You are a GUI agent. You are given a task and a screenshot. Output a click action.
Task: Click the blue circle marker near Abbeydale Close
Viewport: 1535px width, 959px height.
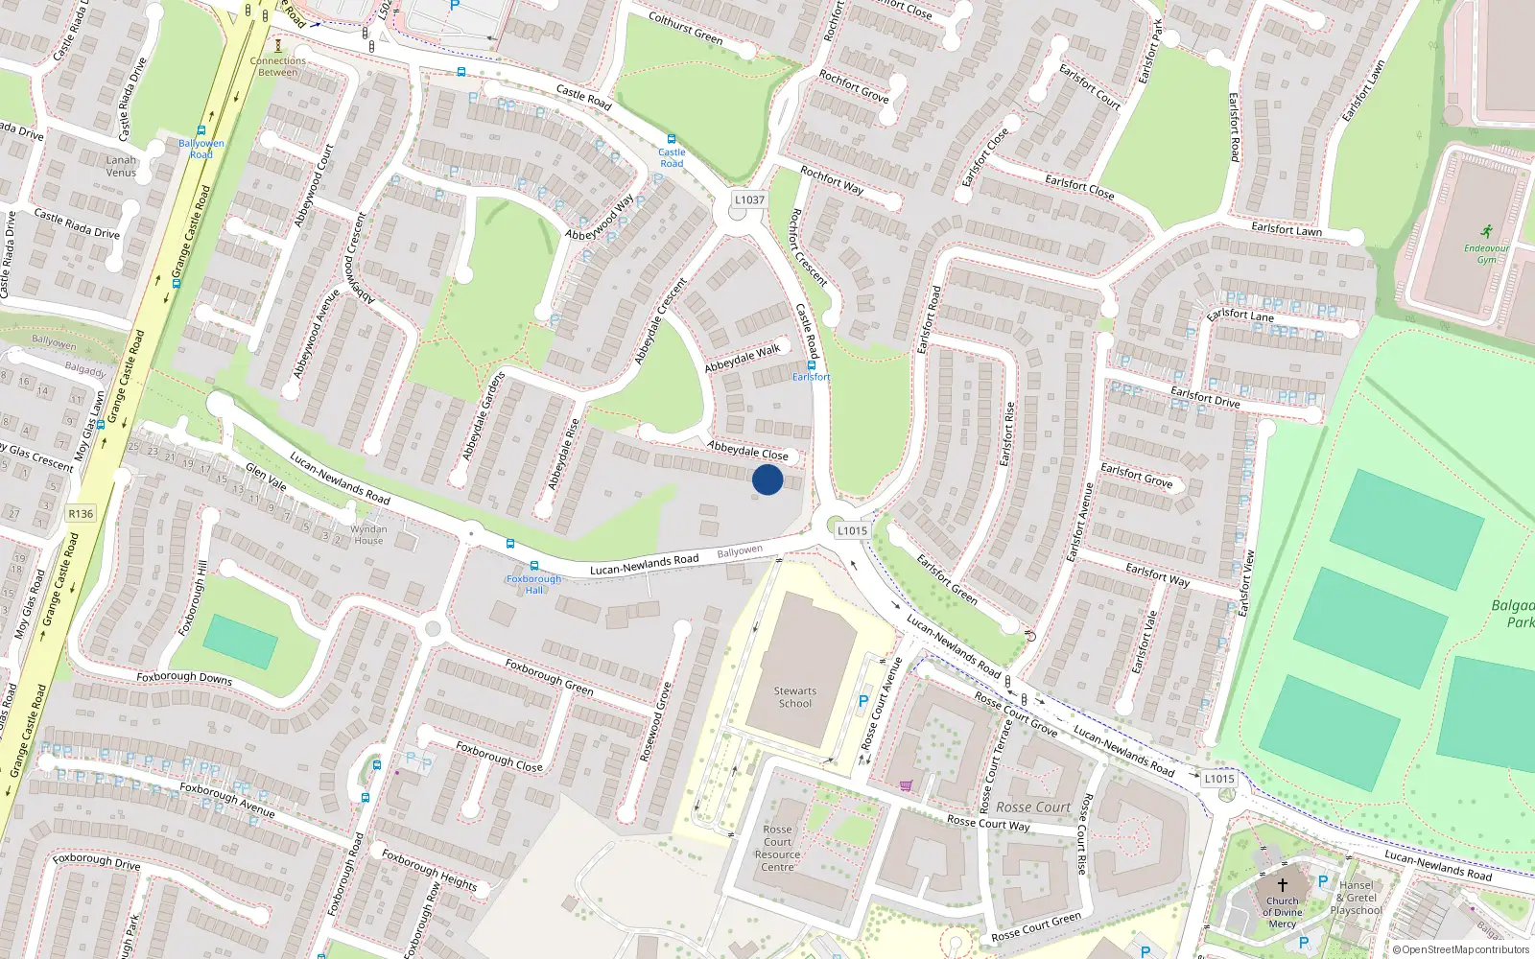coord(767,479)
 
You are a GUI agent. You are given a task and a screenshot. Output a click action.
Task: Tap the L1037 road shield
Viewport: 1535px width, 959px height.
coord(749,200)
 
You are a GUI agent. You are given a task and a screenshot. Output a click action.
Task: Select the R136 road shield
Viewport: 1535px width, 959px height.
coord(81,514)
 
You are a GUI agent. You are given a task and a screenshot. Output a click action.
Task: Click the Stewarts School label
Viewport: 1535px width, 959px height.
coord(795,697)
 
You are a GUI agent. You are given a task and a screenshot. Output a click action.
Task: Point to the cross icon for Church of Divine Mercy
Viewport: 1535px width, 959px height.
coord(1282,885)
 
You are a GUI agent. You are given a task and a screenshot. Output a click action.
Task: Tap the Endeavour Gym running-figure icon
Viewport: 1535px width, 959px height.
coord(1486,232)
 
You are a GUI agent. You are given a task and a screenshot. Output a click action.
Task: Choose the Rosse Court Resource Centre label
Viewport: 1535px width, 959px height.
coord(777,848)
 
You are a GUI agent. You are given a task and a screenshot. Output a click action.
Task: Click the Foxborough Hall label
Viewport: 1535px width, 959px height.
coord(533,584)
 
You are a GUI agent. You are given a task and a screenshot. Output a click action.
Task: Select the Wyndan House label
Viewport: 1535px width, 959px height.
coord(368,534)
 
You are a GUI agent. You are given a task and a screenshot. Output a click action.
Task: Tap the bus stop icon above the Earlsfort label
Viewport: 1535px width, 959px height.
coord(812,365)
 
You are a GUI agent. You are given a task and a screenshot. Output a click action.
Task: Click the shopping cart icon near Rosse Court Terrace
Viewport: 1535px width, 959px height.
coord(906,786)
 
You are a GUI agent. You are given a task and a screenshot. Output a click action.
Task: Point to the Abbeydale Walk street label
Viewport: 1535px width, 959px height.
coord(743,359)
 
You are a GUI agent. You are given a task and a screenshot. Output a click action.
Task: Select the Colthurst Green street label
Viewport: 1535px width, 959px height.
coord(685,28)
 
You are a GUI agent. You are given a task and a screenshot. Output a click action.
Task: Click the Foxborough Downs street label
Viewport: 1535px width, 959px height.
coord(184,677)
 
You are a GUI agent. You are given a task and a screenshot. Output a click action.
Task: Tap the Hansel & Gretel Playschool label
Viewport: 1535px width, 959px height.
coord(1356,898)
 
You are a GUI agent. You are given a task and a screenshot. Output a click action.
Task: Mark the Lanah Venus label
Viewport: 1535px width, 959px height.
coord(121,166)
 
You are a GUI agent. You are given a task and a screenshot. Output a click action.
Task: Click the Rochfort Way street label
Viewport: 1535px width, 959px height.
coord(832,180)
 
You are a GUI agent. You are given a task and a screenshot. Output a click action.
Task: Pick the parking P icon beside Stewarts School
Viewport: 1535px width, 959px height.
coord(863,702)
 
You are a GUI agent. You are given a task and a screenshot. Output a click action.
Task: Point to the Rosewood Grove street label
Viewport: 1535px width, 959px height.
coord(655,722)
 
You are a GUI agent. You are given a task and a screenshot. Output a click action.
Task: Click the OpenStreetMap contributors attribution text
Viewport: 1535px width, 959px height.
coord(1462,950)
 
